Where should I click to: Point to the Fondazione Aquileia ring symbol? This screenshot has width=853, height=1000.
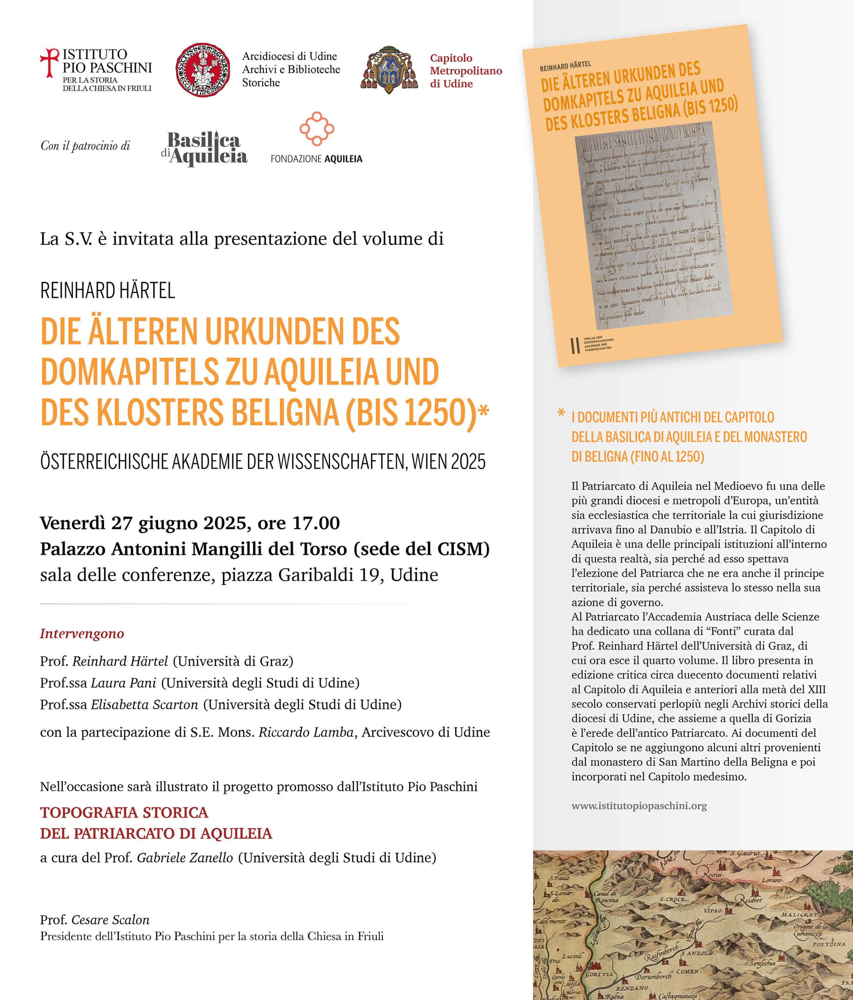point(317,129)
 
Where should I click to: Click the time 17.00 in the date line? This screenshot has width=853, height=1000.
point(316,523)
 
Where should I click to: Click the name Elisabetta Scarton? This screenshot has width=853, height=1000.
point(144,705)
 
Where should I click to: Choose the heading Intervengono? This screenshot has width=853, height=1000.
point(82,634)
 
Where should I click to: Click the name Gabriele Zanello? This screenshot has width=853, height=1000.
point(185,858)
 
